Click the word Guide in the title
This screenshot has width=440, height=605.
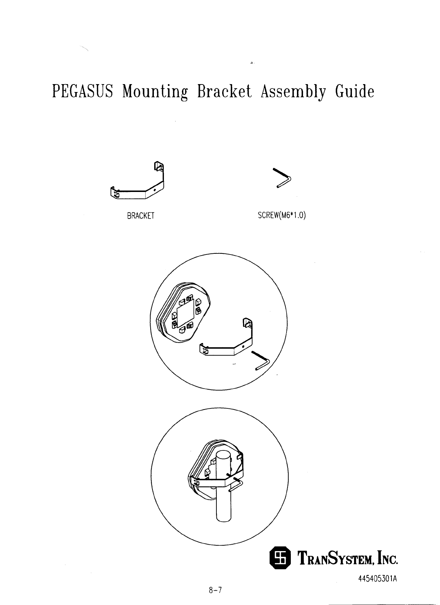click(x=354, y=92)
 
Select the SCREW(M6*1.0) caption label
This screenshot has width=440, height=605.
click(x=282, y=215)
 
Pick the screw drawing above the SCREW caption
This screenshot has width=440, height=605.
click(x=283, y=178)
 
